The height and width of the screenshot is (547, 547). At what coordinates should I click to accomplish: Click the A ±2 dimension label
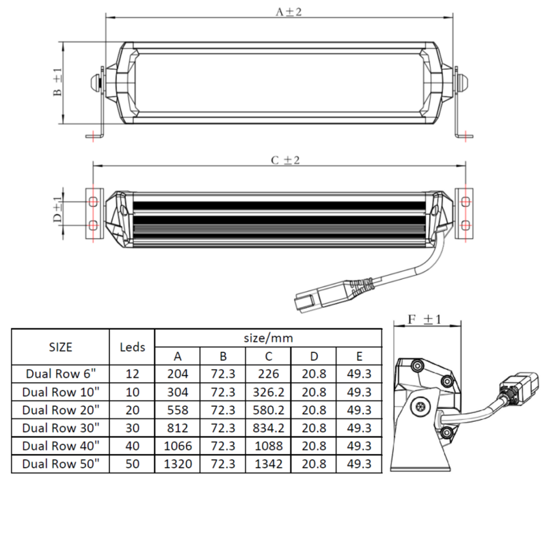tap(289, 12)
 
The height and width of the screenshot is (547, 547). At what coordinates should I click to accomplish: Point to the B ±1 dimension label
tap(57, 83)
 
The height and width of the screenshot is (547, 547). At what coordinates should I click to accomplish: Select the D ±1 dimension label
tap(57, 211)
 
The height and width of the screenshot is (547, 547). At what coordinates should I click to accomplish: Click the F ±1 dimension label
tap(425, 319)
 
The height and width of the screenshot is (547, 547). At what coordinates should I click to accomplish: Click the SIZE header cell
tap(61, 347)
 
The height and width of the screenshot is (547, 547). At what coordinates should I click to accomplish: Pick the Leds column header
tap(133, 347)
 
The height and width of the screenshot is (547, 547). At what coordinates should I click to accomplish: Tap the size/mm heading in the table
tap(268, 338)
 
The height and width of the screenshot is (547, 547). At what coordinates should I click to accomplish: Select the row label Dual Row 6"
tap(61, 374)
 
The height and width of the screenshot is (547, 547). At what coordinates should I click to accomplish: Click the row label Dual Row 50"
tap(61, 464)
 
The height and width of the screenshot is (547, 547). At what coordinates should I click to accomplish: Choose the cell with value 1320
tap(178, 464)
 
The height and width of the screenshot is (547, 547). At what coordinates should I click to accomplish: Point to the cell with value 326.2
tap(268, 392)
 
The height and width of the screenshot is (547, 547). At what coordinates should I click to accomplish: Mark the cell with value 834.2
tap(268, 428)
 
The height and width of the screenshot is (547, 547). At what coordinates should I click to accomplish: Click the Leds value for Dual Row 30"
tap(133, 428)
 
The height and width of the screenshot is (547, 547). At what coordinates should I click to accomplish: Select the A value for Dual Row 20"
tap(178, 410)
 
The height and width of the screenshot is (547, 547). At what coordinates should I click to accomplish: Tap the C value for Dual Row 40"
tap(268, 446)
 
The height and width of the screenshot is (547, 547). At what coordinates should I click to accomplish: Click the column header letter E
tap(359, 356)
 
